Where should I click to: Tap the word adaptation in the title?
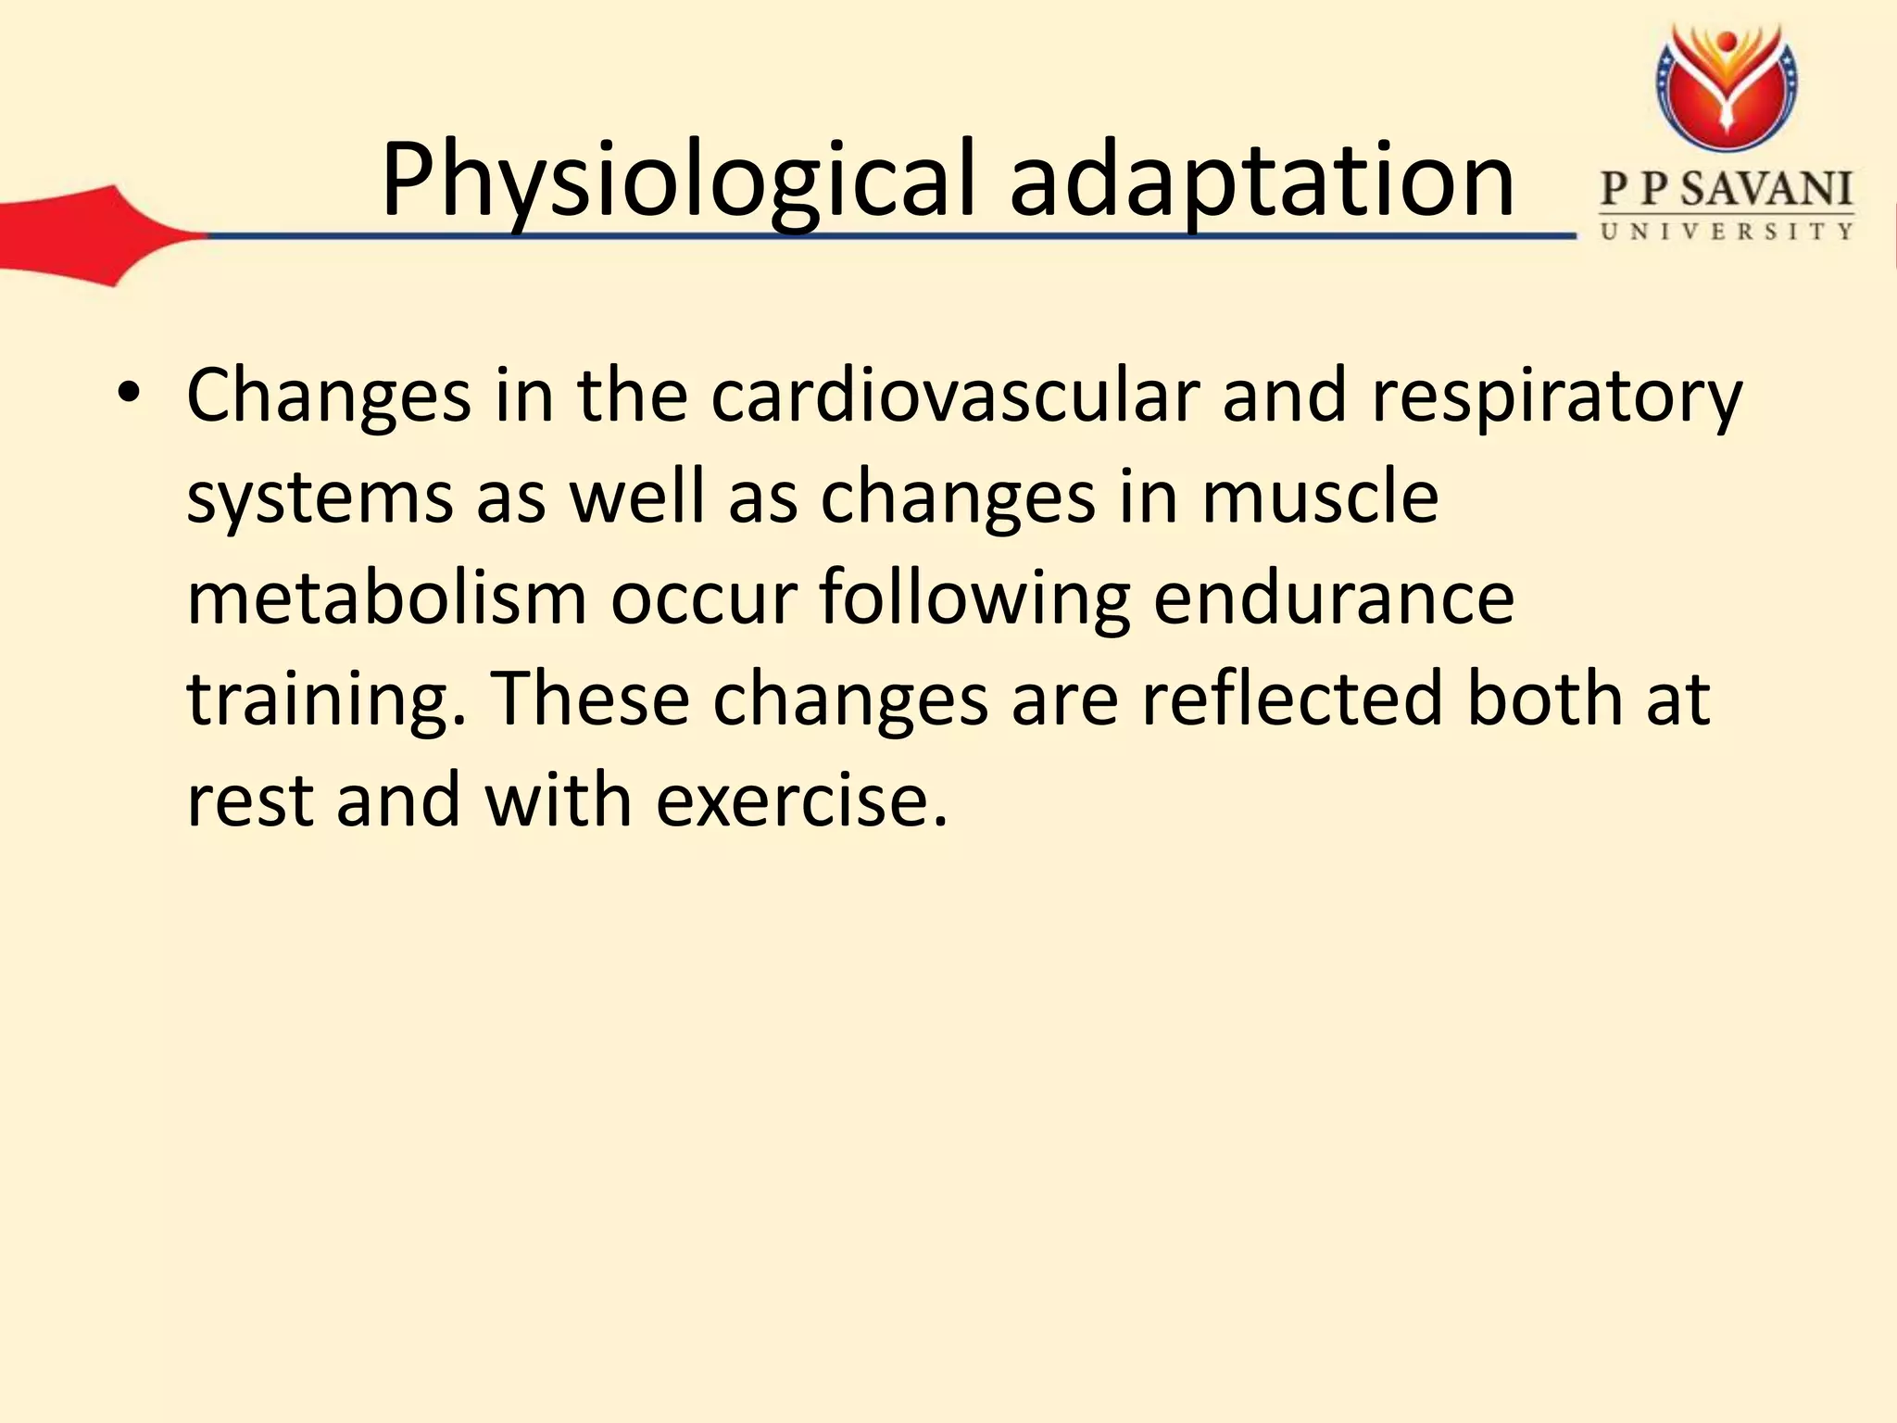pyautogui.click(x=1262, y=182)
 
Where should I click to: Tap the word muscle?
pyautogui.click(x=1319, y=497)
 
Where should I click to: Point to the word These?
pyautogui.click(x=589, y=699)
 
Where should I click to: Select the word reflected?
pyautogui.click(x=1291, y=699)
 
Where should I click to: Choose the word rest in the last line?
pyautogui.click(x=249, y=801)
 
